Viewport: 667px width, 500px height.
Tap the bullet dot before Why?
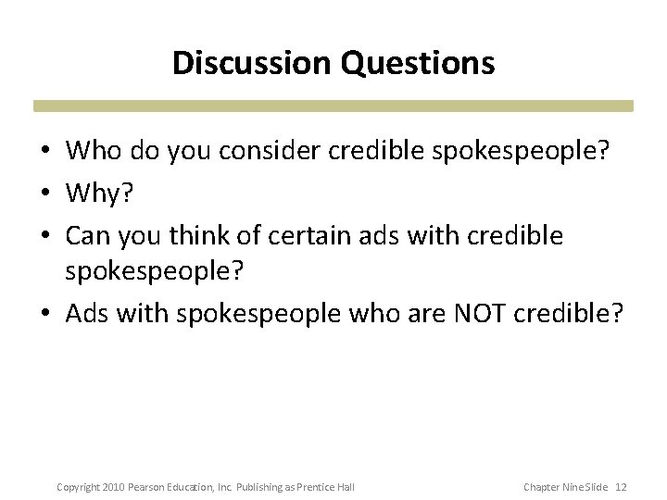point(45,194)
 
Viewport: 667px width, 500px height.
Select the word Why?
point(96,194)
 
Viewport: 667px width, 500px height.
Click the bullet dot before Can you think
point(45,236)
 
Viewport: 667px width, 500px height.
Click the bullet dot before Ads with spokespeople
point(45,315)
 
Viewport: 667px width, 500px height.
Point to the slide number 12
point(622,486)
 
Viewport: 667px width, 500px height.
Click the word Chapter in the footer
point(541,486)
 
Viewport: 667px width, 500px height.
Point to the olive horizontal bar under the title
point(333,106)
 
